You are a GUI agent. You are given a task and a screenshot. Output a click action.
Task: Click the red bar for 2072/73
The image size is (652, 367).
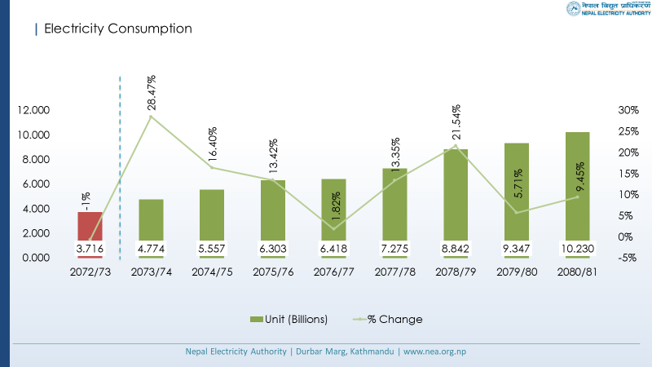tap(90, 224)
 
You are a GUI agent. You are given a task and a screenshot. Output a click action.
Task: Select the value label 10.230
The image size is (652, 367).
tap(578, 247)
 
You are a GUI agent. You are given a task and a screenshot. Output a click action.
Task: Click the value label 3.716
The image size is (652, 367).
tap(90, 247)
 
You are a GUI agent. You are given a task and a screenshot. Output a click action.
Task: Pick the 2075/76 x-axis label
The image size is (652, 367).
tap(273, 272)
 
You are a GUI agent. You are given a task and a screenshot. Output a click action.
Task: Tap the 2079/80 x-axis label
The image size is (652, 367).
tap(517, 272)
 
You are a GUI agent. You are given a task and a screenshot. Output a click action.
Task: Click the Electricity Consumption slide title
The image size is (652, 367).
tap(117, 29)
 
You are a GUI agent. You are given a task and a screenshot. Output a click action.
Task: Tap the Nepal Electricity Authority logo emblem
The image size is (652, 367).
tap(574, 10)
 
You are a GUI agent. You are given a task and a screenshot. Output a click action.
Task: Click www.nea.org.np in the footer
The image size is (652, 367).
tap(435, 352)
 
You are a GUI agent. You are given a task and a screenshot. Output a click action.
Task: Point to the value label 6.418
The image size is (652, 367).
tap(334, 247)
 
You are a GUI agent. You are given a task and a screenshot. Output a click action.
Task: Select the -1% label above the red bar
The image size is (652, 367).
tap(86, 201)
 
